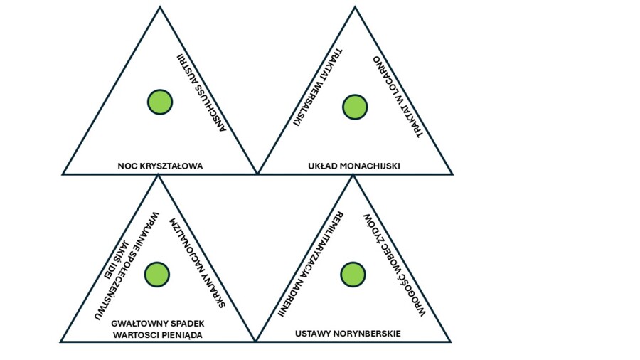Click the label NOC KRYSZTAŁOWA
(x=160, y=166)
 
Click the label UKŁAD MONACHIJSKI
(x=354, y=166)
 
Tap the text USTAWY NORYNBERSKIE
(x=348, y=333)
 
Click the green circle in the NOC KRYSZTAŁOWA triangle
(x=160, y=102)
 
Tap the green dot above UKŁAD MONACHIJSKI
(x=355, y=107)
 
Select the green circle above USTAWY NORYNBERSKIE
(x=353, y=274)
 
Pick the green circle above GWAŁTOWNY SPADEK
(x=157, y=274)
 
